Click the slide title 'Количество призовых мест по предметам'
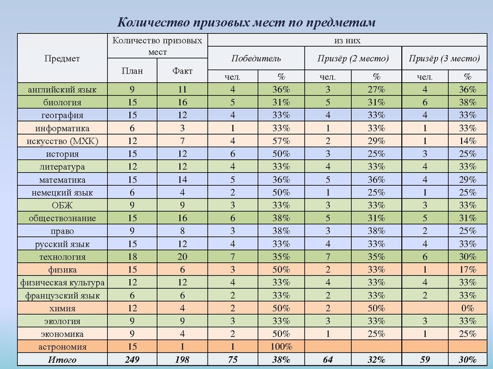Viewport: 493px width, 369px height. click(246, 22)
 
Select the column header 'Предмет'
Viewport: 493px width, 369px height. click(62, 58)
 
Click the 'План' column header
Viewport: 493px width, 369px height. click(132, 71)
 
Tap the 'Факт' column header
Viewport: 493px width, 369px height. click(182, 71)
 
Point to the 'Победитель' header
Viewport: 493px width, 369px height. click(256, 58)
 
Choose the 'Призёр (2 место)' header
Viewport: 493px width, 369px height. click(353, 58)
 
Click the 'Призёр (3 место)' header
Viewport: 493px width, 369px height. click(444, 58)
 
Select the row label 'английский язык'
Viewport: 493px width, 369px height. click(62, 89)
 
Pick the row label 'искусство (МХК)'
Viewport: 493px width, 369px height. click(62, 141)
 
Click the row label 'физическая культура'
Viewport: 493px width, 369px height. click(62, 282)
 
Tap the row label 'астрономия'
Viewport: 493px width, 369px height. click(62, 347)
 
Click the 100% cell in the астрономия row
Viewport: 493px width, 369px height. click(281, 347)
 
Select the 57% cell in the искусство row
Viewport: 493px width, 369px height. click(281, 141)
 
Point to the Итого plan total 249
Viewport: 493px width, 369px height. click(132, 360)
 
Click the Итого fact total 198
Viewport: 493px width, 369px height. click(182, 360)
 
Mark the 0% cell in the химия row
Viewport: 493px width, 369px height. click(468, 308)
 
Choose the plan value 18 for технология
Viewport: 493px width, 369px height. click(132, 256)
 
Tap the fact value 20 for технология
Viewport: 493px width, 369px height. click(182, 256)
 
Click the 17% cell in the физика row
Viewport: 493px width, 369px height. click(468, 269)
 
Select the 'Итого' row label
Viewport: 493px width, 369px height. click(62, 360)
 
